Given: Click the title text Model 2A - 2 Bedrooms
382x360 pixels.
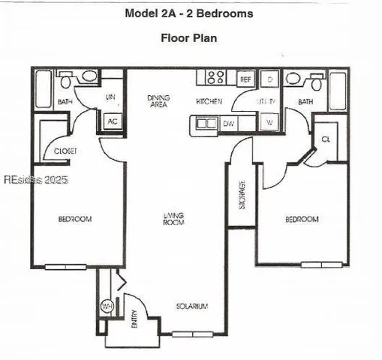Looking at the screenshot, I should pyautogui.click(x=188, y=13).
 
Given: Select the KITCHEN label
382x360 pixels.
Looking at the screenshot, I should pyautogui.click(x=209, y=101).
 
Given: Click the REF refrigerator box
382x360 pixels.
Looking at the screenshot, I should pyautogui.click(x=245, y=78).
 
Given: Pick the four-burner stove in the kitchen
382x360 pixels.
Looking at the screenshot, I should pyautogui.click(x=217, y=77).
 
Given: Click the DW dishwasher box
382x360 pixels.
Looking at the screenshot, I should pyautogui.click(x=230, y=123).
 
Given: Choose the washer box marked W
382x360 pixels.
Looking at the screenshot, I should pyautogui.click(x=269, y=122).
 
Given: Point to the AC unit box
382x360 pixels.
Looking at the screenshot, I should pyautogui.click(x=113, y=121).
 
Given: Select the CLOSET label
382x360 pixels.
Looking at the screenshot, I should pyautogui.click(x=65, y=151).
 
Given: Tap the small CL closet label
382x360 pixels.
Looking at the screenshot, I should pyautogui.click(x=326, y=139).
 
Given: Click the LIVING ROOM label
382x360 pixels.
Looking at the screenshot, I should pyautogui.click(x=174, y=218).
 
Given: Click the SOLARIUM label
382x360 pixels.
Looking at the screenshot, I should pyautogui.click(x=191, y=306).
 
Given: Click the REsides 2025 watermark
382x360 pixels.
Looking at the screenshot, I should pyautogui.click(x=36, y=180).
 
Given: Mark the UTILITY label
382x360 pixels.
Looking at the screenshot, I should pyautogui.click(x=267, y=102).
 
